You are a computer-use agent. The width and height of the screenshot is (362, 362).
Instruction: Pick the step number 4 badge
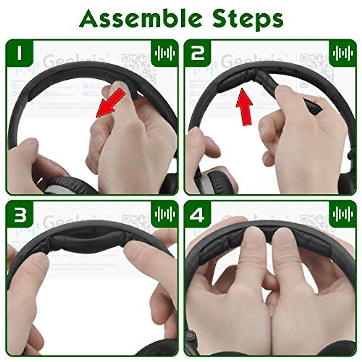click(198, 214)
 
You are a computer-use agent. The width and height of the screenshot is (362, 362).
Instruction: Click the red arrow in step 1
click(110, 103)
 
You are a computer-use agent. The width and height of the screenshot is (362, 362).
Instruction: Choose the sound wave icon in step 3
click(164, 214)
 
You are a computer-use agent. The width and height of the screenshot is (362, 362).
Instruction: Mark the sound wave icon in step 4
click(342, 214)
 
